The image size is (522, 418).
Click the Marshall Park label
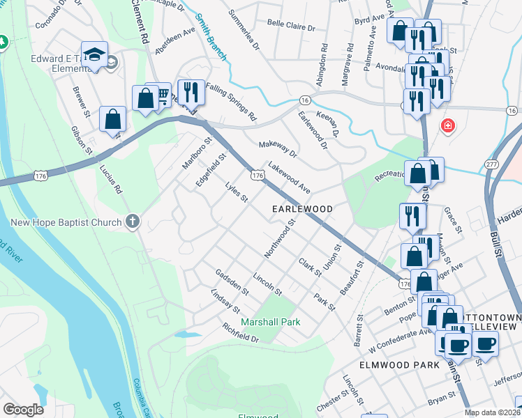[x=270, y=322]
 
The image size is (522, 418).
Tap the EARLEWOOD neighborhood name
[x=301, y=209]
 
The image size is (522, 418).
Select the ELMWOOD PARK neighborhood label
[x=399, y=364]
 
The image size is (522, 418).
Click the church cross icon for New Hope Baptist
[x=133, y=222]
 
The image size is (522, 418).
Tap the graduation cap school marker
[x=94, y=55]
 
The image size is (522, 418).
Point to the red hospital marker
[x=447, y=126]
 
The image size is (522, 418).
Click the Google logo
[x=23, y=409]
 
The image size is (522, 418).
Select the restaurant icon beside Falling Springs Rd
[x=190, y=91]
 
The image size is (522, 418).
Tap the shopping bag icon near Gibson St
[x=112, y=119]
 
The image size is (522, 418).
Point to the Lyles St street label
[x=237, y=193]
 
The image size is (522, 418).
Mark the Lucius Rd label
[x=110, y=179]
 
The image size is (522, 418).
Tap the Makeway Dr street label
[x=278, y=148]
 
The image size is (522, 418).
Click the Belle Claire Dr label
[x=292, y=25]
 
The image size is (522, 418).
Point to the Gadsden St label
[x=232, y=281]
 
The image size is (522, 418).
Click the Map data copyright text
[x=492, y=412]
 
